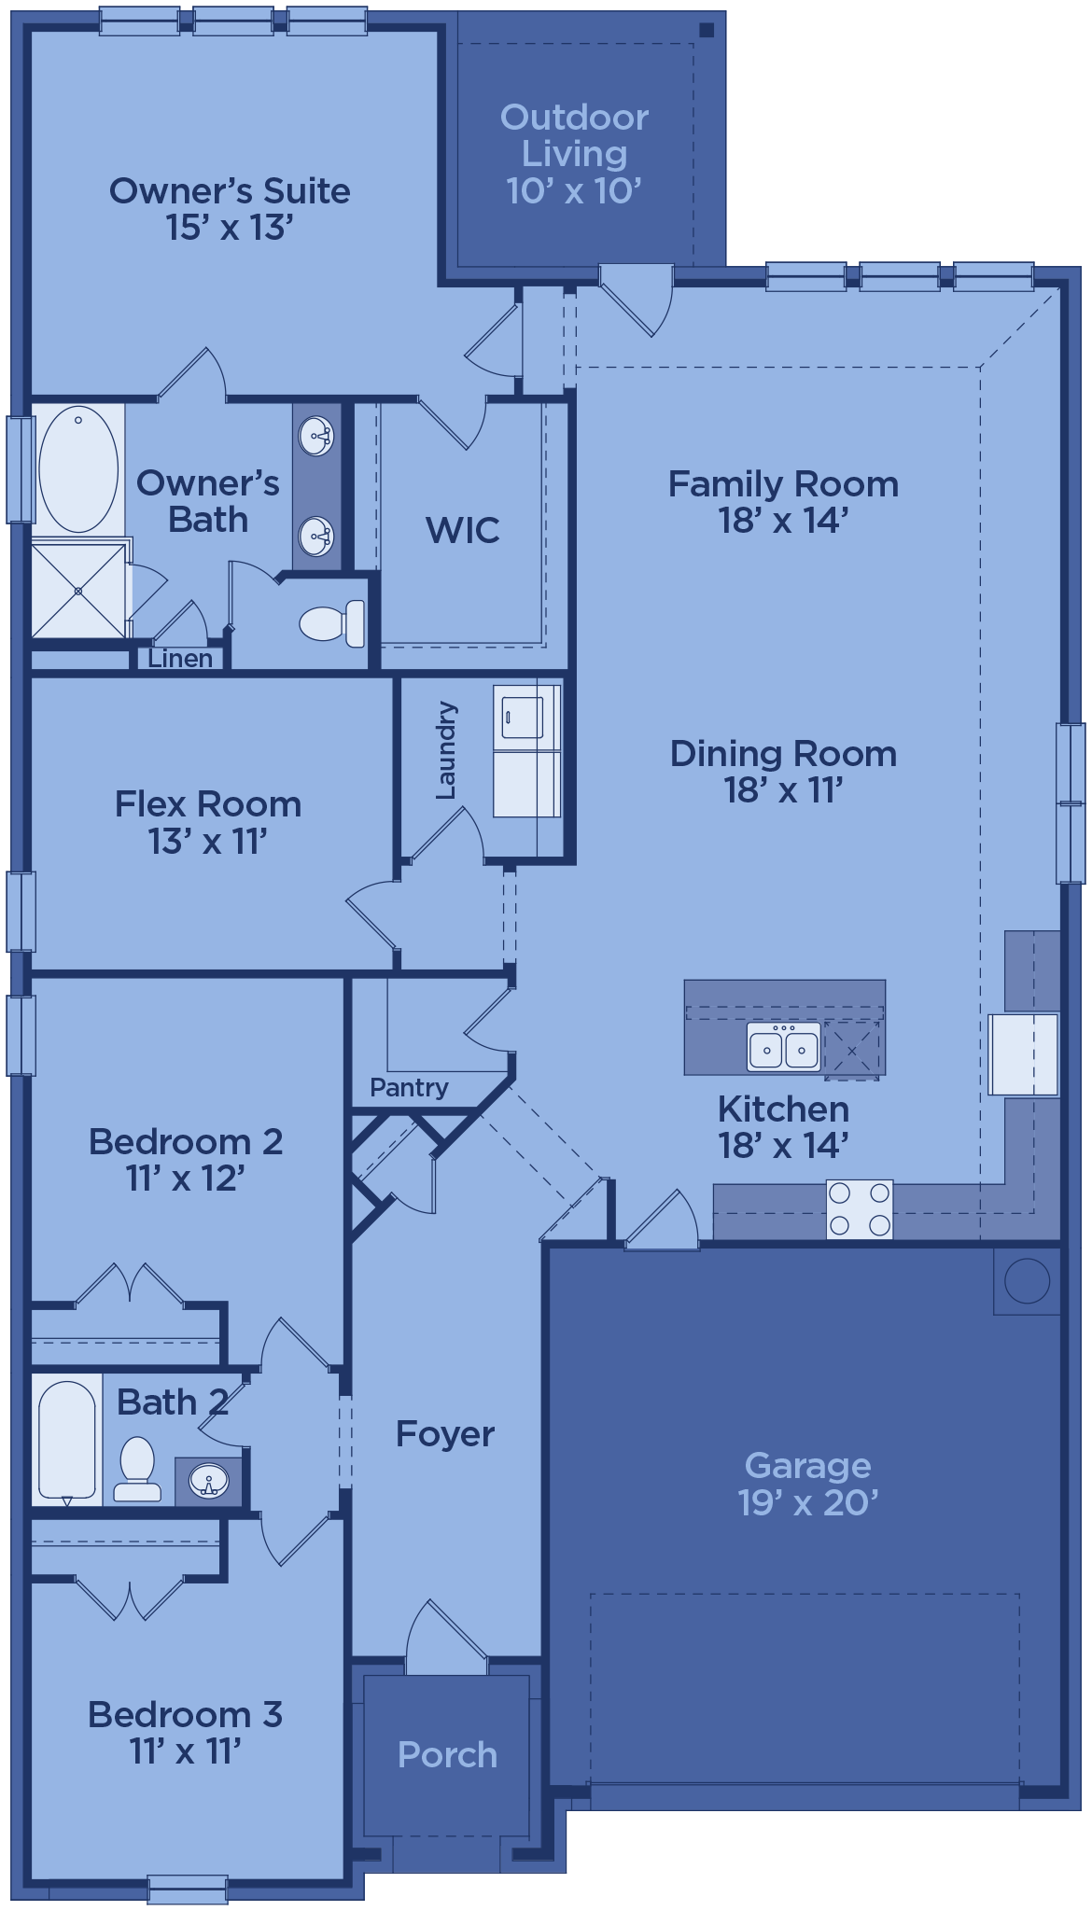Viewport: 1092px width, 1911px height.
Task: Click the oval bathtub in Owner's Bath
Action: point(78,468)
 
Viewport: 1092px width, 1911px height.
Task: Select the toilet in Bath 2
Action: point(136,1469)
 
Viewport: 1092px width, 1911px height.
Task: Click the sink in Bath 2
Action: point(208,1479)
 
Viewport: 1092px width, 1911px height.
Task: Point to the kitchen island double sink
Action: point(784,1046)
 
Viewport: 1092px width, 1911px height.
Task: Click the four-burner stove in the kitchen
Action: point(860,1209)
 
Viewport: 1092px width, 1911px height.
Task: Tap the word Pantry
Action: point(409,1088)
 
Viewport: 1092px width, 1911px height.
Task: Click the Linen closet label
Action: point(180,659)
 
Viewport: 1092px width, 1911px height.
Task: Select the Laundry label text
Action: point(446,750)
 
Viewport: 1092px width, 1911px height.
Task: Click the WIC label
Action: point(463,530)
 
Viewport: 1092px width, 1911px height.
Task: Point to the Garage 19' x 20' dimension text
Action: point(808,1502)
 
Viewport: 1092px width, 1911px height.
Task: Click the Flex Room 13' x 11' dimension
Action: point(208,841)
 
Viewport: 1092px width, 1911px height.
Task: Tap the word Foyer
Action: point(445,1434)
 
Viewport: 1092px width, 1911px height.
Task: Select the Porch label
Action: point(447,1755)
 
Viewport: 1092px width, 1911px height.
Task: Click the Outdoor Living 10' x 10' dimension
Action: point(574,191)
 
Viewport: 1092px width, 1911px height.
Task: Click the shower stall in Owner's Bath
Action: point(78,591)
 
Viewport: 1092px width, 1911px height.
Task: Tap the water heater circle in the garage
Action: point(1028,1280)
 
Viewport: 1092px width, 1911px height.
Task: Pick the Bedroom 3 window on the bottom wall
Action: point(188,1890)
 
